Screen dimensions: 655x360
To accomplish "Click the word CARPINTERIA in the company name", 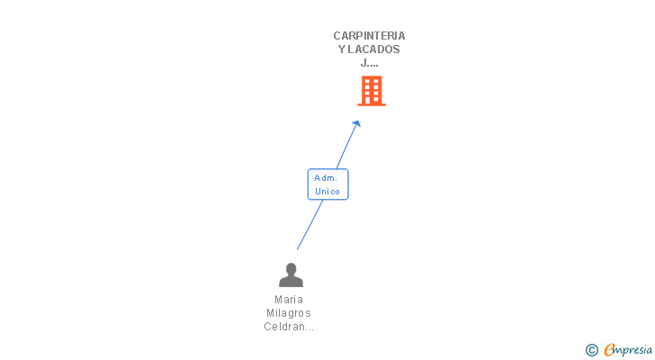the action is (x=369, y=36).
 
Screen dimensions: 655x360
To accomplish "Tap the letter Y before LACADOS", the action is (x=342, y=49).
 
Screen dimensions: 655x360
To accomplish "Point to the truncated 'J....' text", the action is (x=369, y=63).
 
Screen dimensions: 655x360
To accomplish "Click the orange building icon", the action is (x=372, y=91).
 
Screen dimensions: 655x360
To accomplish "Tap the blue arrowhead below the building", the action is (x=356, y=124).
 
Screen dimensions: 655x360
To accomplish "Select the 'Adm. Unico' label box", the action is (x=327, y=184).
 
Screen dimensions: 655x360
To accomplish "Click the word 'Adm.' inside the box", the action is (x=326, y=178).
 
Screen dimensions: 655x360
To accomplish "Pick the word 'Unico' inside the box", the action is (x=327, y=191).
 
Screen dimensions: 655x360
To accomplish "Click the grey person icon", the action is (x=291, y=274).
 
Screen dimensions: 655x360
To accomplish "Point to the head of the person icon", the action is (x=291, y=268).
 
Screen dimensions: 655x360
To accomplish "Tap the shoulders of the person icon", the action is (x=291, y=282).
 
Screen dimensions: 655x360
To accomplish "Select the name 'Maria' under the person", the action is (x=289, y=300).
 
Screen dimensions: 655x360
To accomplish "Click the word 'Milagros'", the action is (x=289, y=313).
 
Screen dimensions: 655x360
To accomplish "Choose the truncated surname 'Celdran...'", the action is (x=289, y=327).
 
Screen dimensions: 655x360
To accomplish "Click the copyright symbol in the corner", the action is (x=591, y=350).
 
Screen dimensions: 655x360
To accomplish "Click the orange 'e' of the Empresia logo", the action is (x=609, y=350).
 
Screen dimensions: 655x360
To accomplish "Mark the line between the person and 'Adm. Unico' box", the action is (x=310, y=225).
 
